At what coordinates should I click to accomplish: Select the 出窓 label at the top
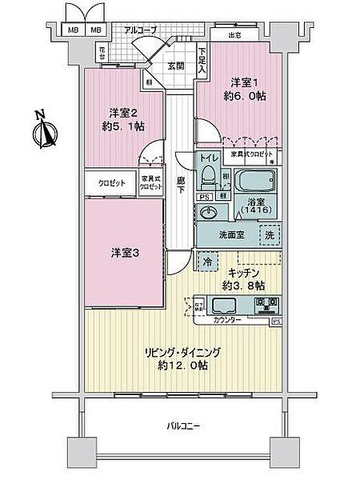pyautogui.click(x=235, y=35)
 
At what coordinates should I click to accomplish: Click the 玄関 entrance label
pyautogui.click(x=177, y=67)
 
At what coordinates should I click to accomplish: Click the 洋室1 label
pyautogui.click(x=246, y=82)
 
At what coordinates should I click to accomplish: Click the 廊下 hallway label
pyautogui.click(x=182, y=186)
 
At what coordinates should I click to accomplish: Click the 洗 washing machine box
pyautogui.click(x=270, y=236)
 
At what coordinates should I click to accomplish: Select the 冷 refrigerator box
pyautogui.click(x=207, y=261)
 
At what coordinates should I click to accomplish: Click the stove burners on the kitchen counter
pyautogui.click(x=266, y=305)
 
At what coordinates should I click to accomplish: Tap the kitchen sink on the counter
pyautogui.click(x=222, y=305)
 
